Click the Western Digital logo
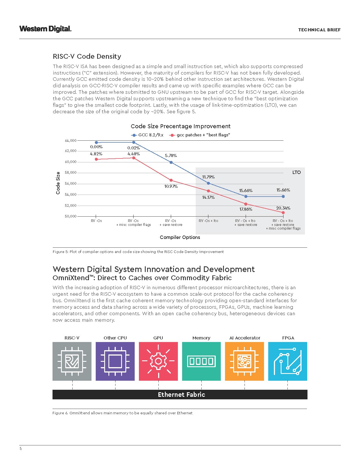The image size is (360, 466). [45, 29]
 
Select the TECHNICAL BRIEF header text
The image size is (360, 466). [319, 30]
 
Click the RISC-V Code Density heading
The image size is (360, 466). [87, 56]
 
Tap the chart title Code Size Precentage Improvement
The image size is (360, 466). [180, 126]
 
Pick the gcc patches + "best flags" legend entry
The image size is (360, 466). [200, 135]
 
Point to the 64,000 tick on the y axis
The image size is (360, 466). [71, 140]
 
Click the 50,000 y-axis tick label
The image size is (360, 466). [71, 216]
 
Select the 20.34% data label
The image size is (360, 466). [283, 208]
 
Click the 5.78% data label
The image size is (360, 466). [171, 156]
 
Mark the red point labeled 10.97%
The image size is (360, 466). [171, 180]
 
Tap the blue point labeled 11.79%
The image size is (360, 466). [208, 183]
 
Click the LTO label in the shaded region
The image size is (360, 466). [296, 172]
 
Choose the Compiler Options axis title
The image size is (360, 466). [180, 237]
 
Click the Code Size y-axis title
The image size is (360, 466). [58, 183]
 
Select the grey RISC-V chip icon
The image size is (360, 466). [72, 361]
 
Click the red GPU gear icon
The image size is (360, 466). [158, 361]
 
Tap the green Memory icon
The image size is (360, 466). [201, 361]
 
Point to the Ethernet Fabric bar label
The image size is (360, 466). [181, 395]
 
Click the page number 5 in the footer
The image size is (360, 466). [21, 449]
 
